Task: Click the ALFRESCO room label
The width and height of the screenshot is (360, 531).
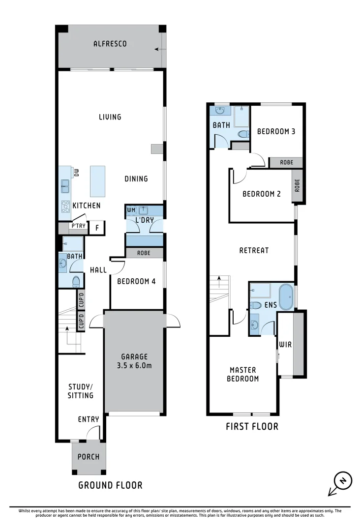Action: point(110,44)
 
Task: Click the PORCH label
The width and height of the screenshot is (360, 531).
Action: point(89,457)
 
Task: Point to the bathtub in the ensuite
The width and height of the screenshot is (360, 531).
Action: point(286,296)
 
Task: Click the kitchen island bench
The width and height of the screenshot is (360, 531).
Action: point(98,181)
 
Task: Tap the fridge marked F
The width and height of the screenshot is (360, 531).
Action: point(97,228)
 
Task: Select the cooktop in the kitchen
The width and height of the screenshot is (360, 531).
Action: point(65,206)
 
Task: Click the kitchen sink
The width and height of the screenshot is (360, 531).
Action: point(65,186)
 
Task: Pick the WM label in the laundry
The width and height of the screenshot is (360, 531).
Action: point(131,210)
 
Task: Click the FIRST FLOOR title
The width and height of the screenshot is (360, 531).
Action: point(252,426)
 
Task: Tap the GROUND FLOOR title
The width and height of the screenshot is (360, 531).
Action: point(111,485)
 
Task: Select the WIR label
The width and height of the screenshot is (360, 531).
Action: point(286,344)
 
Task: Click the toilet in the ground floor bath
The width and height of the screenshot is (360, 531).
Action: point(76,282)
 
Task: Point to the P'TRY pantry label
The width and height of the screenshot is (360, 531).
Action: point(79,226)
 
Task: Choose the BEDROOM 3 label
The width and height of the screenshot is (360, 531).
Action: point(276,131)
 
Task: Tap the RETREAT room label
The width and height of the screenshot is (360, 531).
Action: point(254,250)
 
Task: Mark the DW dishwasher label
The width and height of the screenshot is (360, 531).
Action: point(76,173)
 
